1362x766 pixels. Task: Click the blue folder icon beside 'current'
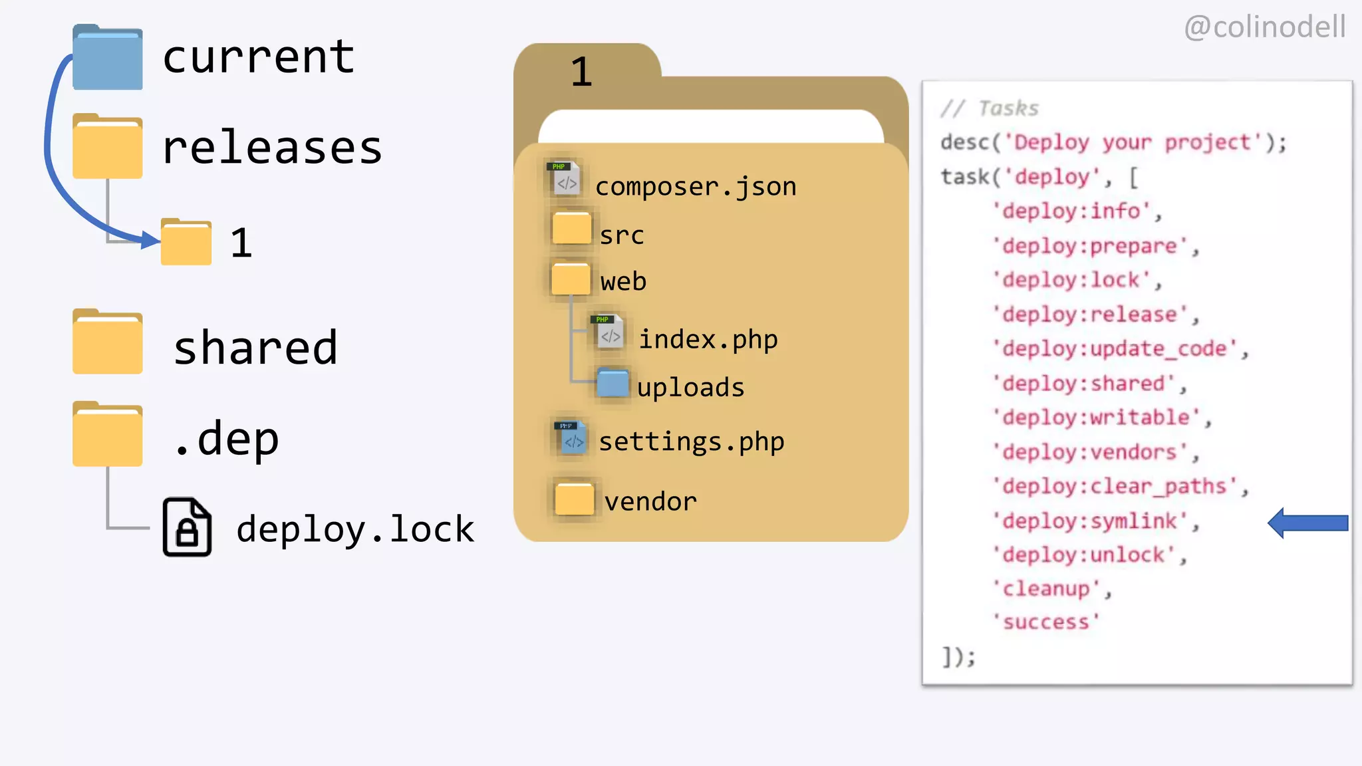click(107, 58)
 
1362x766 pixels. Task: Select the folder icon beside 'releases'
click(107, 147)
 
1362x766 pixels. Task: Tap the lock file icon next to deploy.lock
click(187, 527)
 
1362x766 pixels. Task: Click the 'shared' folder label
click(255, 348)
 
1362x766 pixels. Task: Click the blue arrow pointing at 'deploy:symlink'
click(1307, 523)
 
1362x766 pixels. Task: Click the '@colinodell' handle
click(1264, 27)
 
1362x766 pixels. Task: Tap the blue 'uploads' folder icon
click(613, 383)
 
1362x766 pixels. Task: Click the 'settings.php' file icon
click(571, 438)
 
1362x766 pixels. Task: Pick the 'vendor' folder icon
click(574, 498)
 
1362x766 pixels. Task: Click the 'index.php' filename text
click(708, 340)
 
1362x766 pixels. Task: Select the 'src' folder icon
click(571, 228)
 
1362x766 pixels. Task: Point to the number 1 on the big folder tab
click(581, 72)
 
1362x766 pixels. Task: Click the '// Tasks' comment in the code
click(990, 108)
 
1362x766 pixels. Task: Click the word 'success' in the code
click(1046, 622)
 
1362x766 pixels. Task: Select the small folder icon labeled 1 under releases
click(186, 243)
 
